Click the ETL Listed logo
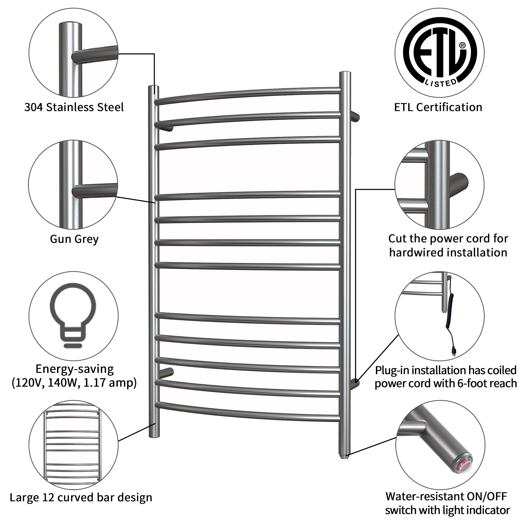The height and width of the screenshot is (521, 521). coord(440,53)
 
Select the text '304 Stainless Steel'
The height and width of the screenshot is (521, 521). coord(74,107)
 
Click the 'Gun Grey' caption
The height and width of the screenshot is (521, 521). coord(74,239)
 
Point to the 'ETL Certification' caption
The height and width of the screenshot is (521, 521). coord(438,107)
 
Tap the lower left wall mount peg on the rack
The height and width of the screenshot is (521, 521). coord(166,373)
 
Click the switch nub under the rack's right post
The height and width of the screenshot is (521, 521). coord(345,457)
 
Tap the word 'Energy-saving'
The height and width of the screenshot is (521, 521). coord(75,369)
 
